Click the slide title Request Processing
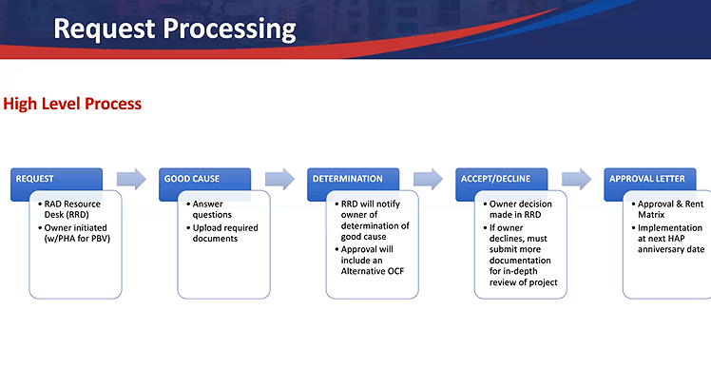175,28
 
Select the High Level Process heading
72,103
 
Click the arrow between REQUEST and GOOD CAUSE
131,178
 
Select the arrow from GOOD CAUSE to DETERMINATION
279,178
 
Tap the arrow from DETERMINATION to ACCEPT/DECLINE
428,178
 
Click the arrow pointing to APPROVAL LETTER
576,178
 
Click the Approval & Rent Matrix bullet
669,209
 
